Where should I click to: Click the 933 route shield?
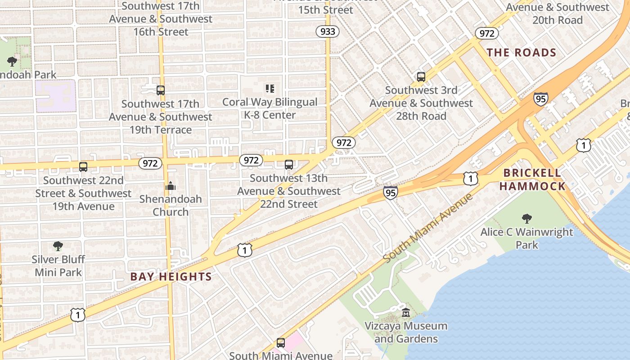327,31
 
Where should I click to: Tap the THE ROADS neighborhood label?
522,53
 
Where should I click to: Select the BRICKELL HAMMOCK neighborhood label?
532,180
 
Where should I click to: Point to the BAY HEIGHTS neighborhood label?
171,277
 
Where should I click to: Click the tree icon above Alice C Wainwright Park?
526,219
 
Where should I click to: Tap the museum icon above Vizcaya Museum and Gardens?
406,312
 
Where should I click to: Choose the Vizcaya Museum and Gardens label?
406,332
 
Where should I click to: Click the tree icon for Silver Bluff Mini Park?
58,246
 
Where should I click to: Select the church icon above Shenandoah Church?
171,185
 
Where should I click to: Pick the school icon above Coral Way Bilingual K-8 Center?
270,89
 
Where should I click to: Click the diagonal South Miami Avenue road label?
428,228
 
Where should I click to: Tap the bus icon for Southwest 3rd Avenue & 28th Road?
421,77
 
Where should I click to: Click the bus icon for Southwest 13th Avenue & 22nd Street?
289,165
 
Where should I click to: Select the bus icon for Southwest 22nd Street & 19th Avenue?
83,167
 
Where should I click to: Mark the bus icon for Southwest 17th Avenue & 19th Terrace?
161,90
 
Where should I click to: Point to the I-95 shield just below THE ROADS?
540,99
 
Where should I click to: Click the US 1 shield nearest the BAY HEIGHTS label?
245,250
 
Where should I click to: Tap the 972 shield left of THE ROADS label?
486,33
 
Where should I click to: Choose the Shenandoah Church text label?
171,205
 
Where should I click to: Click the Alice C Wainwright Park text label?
527,238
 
